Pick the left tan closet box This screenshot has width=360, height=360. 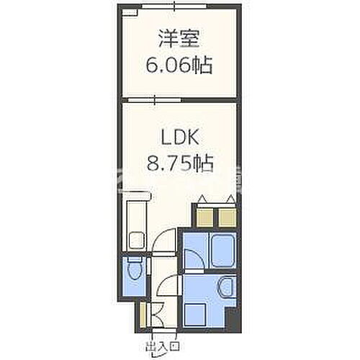coord(204,216)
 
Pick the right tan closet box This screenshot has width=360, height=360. coord(228,216)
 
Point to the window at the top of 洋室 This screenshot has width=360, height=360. coord(178,6)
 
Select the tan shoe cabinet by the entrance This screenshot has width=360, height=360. coord(143,314)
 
